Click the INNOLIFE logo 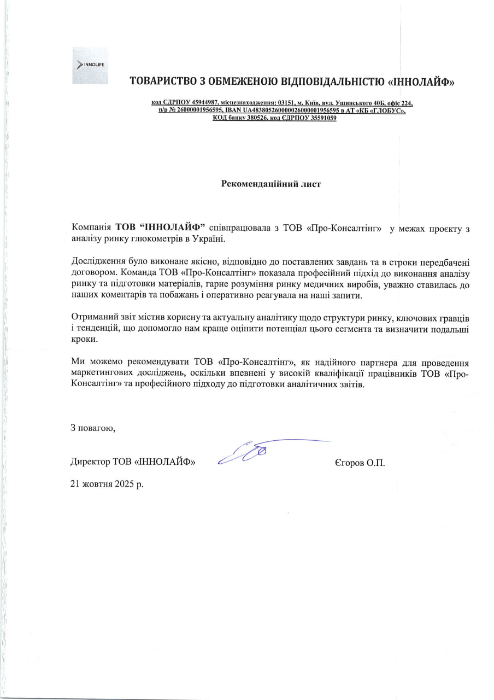click(x=90, y=65)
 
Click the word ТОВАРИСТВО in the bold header click(x=164, y=82)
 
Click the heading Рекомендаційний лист click(x=270, y=184)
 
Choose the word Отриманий click(x=91, y=318)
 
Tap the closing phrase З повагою click(x=93, y=427)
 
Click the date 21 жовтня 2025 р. click(x=107, y=484)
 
